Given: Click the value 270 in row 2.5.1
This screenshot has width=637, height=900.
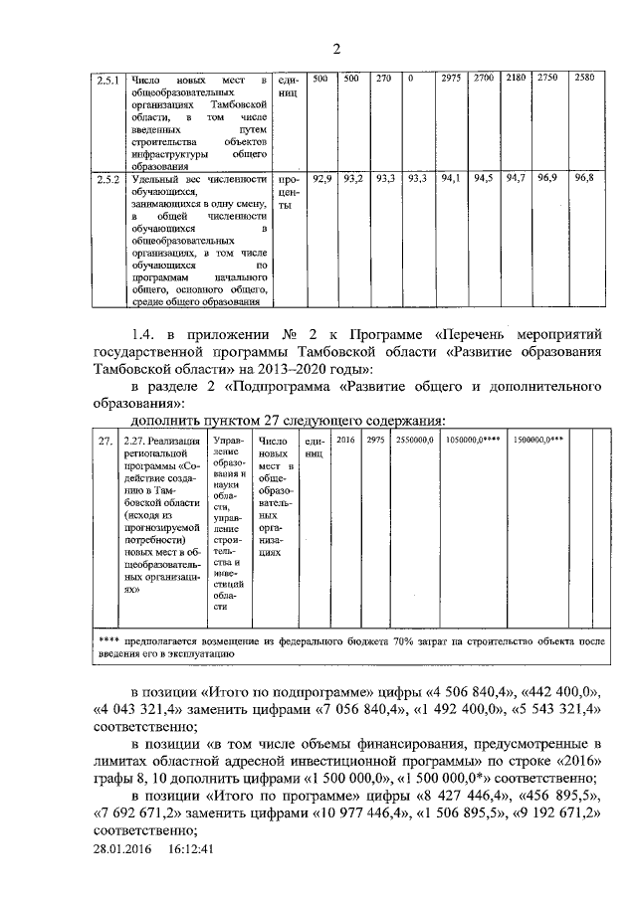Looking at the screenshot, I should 384,78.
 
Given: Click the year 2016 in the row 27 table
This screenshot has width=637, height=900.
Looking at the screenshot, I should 345,439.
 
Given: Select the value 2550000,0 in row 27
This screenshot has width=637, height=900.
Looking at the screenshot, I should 414,439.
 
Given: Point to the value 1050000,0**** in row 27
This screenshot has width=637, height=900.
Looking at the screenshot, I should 473,439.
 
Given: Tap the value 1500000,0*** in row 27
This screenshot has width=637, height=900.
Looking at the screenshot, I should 538,439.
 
